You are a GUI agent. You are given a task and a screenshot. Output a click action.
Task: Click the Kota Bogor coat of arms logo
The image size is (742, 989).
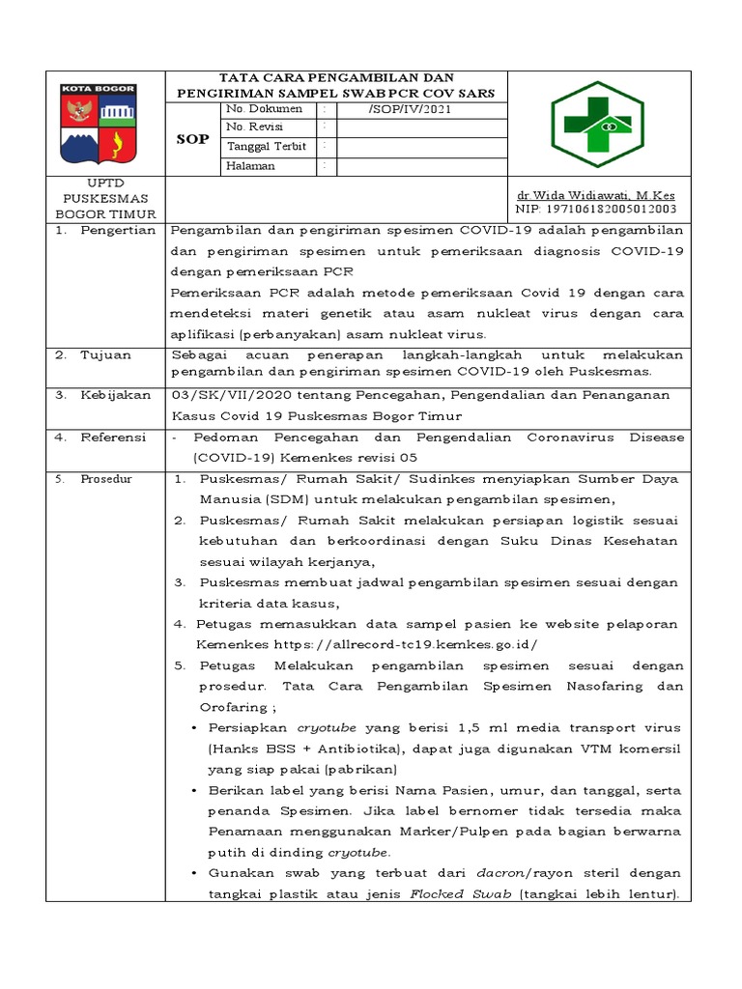99,124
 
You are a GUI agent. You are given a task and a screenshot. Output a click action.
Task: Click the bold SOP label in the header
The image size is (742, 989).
192,138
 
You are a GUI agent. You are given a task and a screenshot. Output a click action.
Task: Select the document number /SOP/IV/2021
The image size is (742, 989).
409,110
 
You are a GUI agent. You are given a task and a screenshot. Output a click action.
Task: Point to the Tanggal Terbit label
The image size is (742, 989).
266,147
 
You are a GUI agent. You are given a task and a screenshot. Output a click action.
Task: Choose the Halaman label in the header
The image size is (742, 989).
250,165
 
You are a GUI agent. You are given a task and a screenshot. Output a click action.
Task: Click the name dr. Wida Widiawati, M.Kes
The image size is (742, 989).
595,194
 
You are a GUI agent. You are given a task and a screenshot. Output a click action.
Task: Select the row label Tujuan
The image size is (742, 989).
106,354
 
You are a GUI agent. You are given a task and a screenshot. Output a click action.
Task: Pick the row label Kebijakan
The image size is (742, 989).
115,395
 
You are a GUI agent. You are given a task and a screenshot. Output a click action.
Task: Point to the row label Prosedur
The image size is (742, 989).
106,479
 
